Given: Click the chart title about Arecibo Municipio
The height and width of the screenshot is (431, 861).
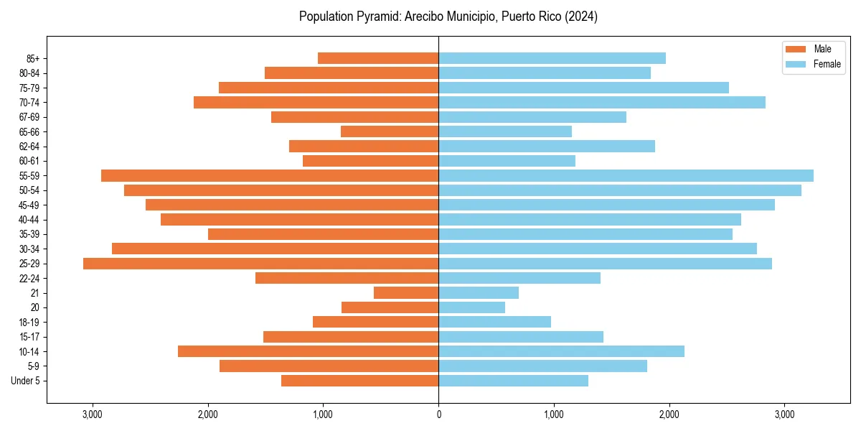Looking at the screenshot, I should coord(448,17).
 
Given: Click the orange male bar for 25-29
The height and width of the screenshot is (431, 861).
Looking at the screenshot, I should coord(260,264).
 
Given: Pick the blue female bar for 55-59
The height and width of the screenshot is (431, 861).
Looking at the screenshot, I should coord(626,176).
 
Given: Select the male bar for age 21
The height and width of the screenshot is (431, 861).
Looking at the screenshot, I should coord(406,293).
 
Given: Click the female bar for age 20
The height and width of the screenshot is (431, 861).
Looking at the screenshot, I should coord(471,307).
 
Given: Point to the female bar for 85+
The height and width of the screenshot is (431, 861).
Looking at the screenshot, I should coord(552,58).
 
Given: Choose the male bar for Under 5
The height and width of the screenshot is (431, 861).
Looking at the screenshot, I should coord(359,381).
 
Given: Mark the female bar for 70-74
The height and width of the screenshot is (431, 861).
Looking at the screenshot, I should coord(601,103).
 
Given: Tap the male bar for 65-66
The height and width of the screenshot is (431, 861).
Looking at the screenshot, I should coord(390,131).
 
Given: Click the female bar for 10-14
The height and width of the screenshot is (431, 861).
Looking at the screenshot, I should coord(561,351).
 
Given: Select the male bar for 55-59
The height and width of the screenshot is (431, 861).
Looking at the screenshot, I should coord(270,176).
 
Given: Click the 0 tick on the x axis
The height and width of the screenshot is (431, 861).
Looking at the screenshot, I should coord(438,414).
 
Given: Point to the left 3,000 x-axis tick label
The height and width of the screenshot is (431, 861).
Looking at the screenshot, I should coord(93,414).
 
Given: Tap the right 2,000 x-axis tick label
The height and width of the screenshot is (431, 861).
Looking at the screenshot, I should coord(669,414).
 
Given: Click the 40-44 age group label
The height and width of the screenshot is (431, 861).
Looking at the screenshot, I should coord(29,220).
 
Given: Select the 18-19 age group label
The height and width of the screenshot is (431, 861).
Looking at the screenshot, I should coord(29,323).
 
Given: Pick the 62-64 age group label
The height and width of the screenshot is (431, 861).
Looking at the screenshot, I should coord(29,147).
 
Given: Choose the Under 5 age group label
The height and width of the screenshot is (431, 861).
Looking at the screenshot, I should coord(26,381).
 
